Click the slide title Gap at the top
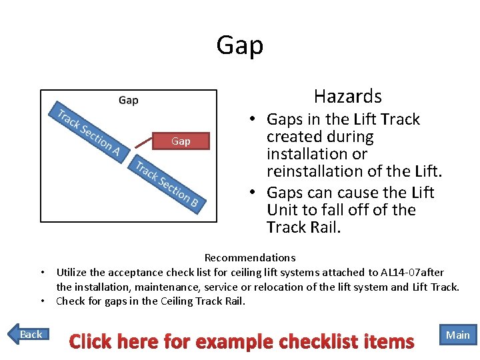click(x=240, y=45)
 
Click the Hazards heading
click(x=347, y=97)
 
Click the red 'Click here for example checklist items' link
click(x=241, y=342)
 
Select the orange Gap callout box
click(x=181, y=141)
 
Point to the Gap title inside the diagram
click(x=128, y=101)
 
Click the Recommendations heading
click(x=250, y=257)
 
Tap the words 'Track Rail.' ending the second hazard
click(x=303, y=227)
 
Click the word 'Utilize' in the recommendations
click(x=73, y=272)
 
